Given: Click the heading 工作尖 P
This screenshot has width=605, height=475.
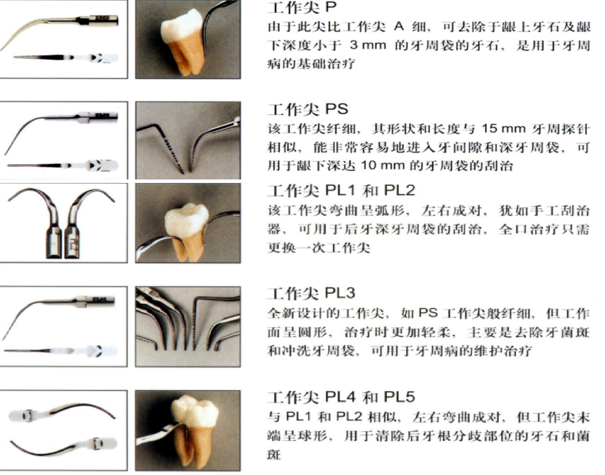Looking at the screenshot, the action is pyautogui.click(x=302, y=8).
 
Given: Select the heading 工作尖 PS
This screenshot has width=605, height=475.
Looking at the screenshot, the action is pyautogui.click(x=308, y=109).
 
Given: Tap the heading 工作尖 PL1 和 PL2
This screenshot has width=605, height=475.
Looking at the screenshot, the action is pyautogui.click(x=341, y=191).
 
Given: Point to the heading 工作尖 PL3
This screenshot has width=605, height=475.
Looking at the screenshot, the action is pyautogui.click(x=311, y=293).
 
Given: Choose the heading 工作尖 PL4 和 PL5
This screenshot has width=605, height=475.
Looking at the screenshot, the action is pyautogui.click(x=341, y=397).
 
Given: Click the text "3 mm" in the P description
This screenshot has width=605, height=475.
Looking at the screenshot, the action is pyautogui.click(x=368, y=45).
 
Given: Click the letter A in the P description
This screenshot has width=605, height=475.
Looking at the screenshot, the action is pyautogui.click(x=399, y=26).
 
